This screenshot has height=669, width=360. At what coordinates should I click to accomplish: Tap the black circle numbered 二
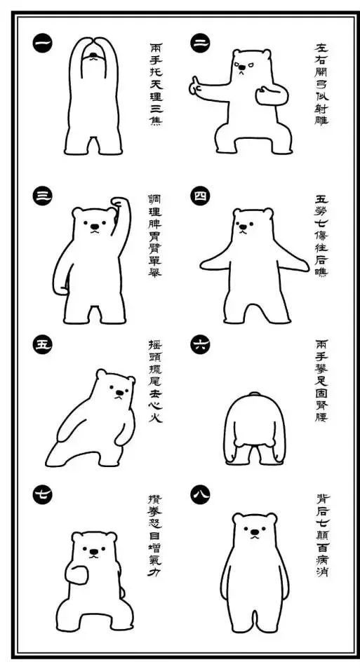200,43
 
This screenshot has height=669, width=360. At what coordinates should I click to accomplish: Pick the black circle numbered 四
200,196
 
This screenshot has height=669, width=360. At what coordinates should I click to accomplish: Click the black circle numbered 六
200,344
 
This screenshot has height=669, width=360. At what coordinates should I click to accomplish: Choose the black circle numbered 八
200,495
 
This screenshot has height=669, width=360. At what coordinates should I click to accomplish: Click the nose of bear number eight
255,532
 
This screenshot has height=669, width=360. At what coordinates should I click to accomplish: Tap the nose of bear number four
243,227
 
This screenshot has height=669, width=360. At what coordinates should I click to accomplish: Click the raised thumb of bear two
194,81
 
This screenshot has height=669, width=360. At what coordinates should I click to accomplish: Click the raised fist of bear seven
76,572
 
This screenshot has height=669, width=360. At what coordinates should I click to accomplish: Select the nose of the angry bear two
241,67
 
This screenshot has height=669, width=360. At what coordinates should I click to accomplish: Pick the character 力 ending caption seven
154,572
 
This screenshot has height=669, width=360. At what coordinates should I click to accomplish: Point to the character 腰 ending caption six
322,416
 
